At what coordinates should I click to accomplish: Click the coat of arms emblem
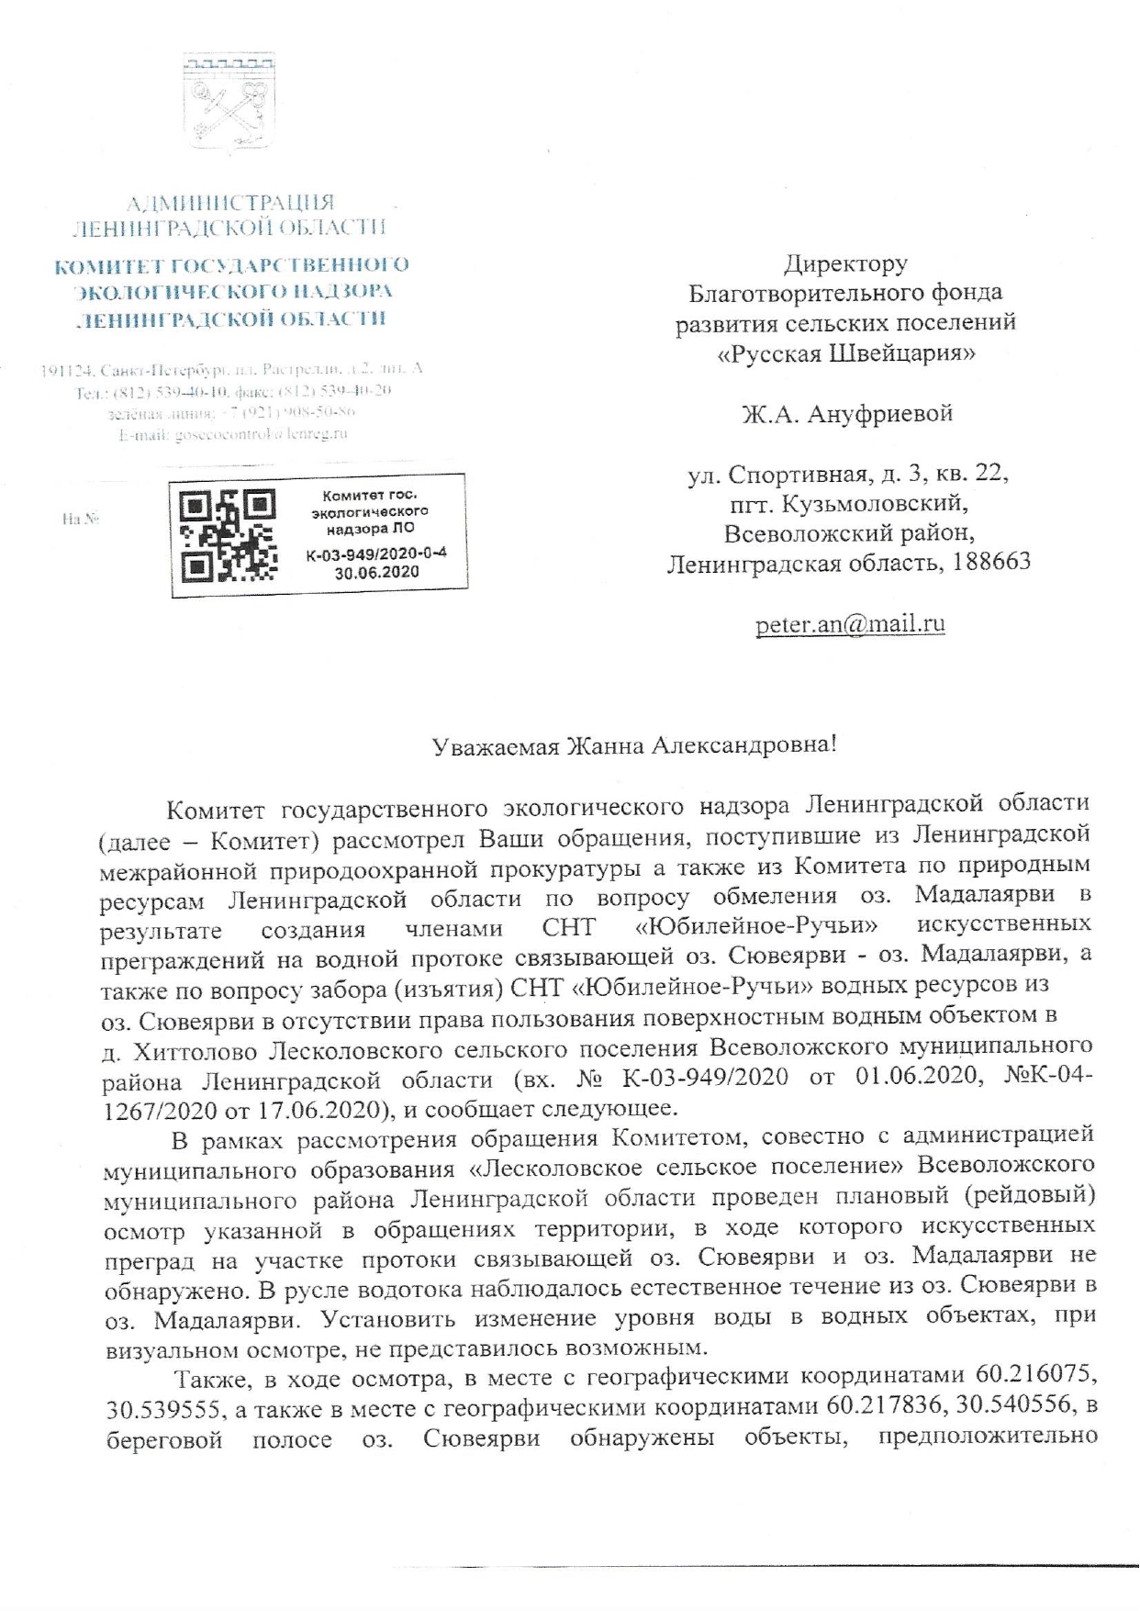(x=230, y=101)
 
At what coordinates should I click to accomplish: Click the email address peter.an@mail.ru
(x=850, y=625)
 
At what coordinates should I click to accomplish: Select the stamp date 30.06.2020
(x=376, y=572)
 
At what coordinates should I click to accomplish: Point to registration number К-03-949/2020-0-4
(x=376, y=554)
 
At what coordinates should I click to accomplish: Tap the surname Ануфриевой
(x=880, y=414)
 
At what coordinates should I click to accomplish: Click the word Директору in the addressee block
(x=845, y=265)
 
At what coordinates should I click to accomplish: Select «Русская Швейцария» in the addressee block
(x=845, y=353)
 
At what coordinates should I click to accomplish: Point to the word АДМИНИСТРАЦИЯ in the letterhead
(x=229, y=203)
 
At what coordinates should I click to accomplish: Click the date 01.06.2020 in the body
(x=903, y=1076)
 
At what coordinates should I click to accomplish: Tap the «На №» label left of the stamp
(x=80, y=520)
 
